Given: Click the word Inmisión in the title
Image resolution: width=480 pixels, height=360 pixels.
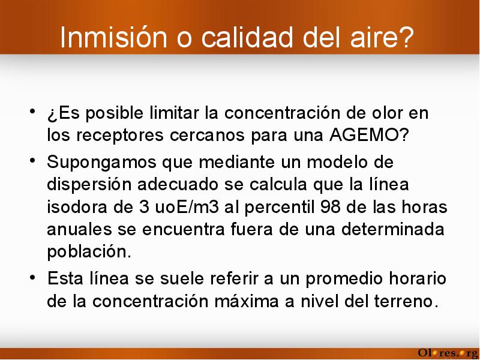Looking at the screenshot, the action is [x=113, y=37].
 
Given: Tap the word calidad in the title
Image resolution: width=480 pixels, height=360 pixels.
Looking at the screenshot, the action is [x=247, y=37].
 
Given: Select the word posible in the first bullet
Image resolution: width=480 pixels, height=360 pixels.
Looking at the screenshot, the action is [x=114, y=114].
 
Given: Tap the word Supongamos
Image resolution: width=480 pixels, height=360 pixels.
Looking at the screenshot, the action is [x=101, y=163].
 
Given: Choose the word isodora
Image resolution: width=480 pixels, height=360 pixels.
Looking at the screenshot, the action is [x=77, y=207].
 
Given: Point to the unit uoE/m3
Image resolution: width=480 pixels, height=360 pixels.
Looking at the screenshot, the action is [x=187, y=207].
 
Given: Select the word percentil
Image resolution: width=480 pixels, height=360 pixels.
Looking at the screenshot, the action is [x=280, y=208].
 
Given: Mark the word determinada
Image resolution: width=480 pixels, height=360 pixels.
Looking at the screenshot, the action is [x=393, y=230].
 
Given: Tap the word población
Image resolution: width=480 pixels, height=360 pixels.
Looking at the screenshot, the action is [x=89, y=252].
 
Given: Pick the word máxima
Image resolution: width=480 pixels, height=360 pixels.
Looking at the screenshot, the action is [x=247, y=301].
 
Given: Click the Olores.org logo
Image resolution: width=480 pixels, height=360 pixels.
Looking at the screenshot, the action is [x=448, y=353].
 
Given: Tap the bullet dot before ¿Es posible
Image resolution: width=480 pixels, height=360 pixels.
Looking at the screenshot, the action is [x=32, y=112].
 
